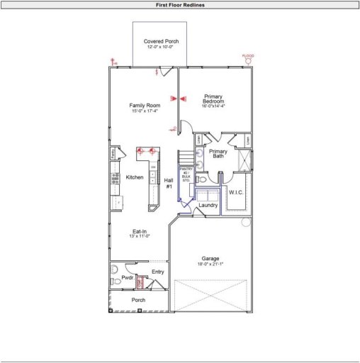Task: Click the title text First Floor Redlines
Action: (180, 4)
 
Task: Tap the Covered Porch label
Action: (161, 42)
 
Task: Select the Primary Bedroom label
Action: (213, 99)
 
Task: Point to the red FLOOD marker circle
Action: (248, 62)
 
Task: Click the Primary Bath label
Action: (218, 154)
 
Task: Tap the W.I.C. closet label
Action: (236, 192)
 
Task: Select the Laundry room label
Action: (208, 206)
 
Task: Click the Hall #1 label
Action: (169, 184)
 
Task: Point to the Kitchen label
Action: (135, 177)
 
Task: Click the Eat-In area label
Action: (140, 231)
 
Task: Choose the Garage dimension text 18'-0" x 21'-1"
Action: (210, 264)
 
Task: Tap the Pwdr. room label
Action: (128, 278)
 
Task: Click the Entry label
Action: (158, 272)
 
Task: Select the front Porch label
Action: (139, 300)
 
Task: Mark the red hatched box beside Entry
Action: (140, 282)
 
